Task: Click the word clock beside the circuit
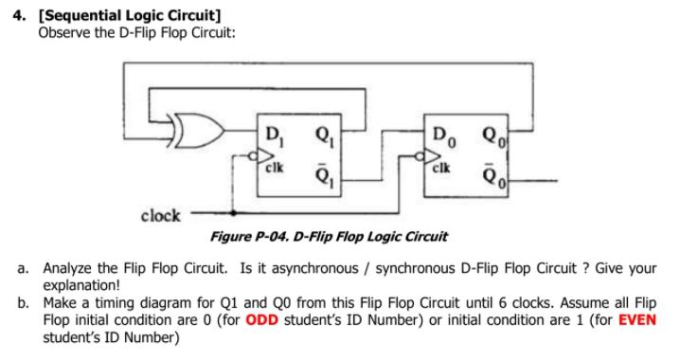[x=160, y=215]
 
